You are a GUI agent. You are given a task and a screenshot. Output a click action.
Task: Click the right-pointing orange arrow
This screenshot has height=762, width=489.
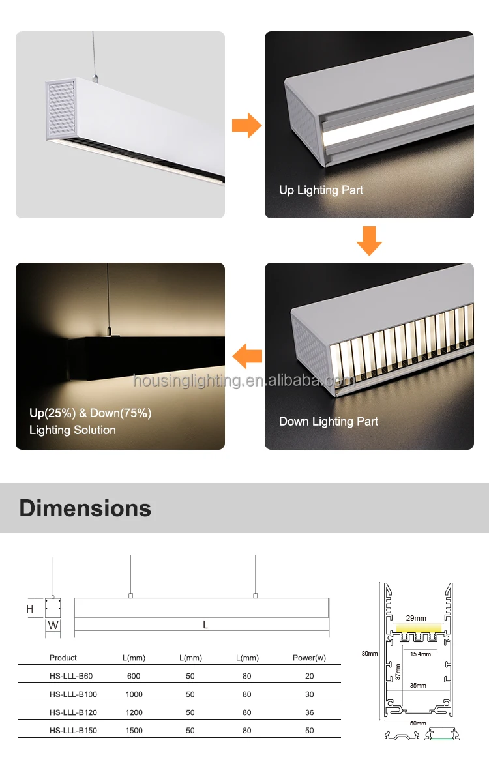point(246,125)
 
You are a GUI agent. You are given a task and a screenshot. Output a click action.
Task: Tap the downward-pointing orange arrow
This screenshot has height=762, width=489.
point(369,240)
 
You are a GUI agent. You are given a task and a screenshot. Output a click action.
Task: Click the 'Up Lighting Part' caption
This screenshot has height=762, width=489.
point(321,190)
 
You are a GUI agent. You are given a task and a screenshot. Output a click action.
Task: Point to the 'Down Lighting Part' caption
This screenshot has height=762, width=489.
point(329,422)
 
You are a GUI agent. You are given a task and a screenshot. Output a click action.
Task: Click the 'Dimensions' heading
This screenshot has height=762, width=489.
point(85,508)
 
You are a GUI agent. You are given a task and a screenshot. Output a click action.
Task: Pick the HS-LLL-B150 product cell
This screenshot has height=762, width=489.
point(73,731)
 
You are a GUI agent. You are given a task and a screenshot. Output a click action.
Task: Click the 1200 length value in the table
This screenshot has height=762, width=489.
point(134,712)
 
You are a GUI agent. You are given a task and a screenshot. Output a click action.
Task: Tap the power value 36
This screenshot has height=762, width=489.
point(310,712)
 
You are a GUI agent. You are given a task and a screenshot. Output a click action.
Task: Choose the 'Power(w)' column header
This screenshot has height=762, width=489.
point(309,658)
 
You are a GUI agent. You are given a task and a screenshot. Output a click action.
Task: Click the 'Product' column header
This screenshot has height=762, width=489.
point(63,658)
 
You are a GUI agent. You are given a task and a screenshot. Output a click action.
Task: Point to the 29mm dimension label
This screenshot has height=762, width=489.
point(415,618)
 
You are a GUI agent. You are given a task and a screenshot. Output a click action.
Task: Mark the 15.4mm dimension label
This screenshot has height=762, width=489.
point(420,654)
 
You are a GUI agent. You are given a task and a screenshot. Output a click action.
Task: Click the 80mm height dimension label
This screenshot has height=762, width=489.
point(369,653)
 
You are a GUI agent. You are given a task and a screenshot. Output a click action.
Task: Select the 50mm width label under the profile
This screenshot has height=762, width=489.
point(417,724)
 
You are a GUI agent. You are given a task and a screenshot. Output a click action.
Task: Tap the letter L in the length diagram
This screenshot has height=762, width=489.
point(205,625)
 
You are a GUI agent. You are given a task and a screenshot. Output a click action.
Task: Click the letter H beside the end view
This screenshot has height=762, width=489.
point(29,609)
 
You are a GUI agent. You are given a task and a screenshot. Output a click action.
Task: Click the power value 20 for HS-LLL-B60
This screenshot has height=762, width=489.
point(310,676)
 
